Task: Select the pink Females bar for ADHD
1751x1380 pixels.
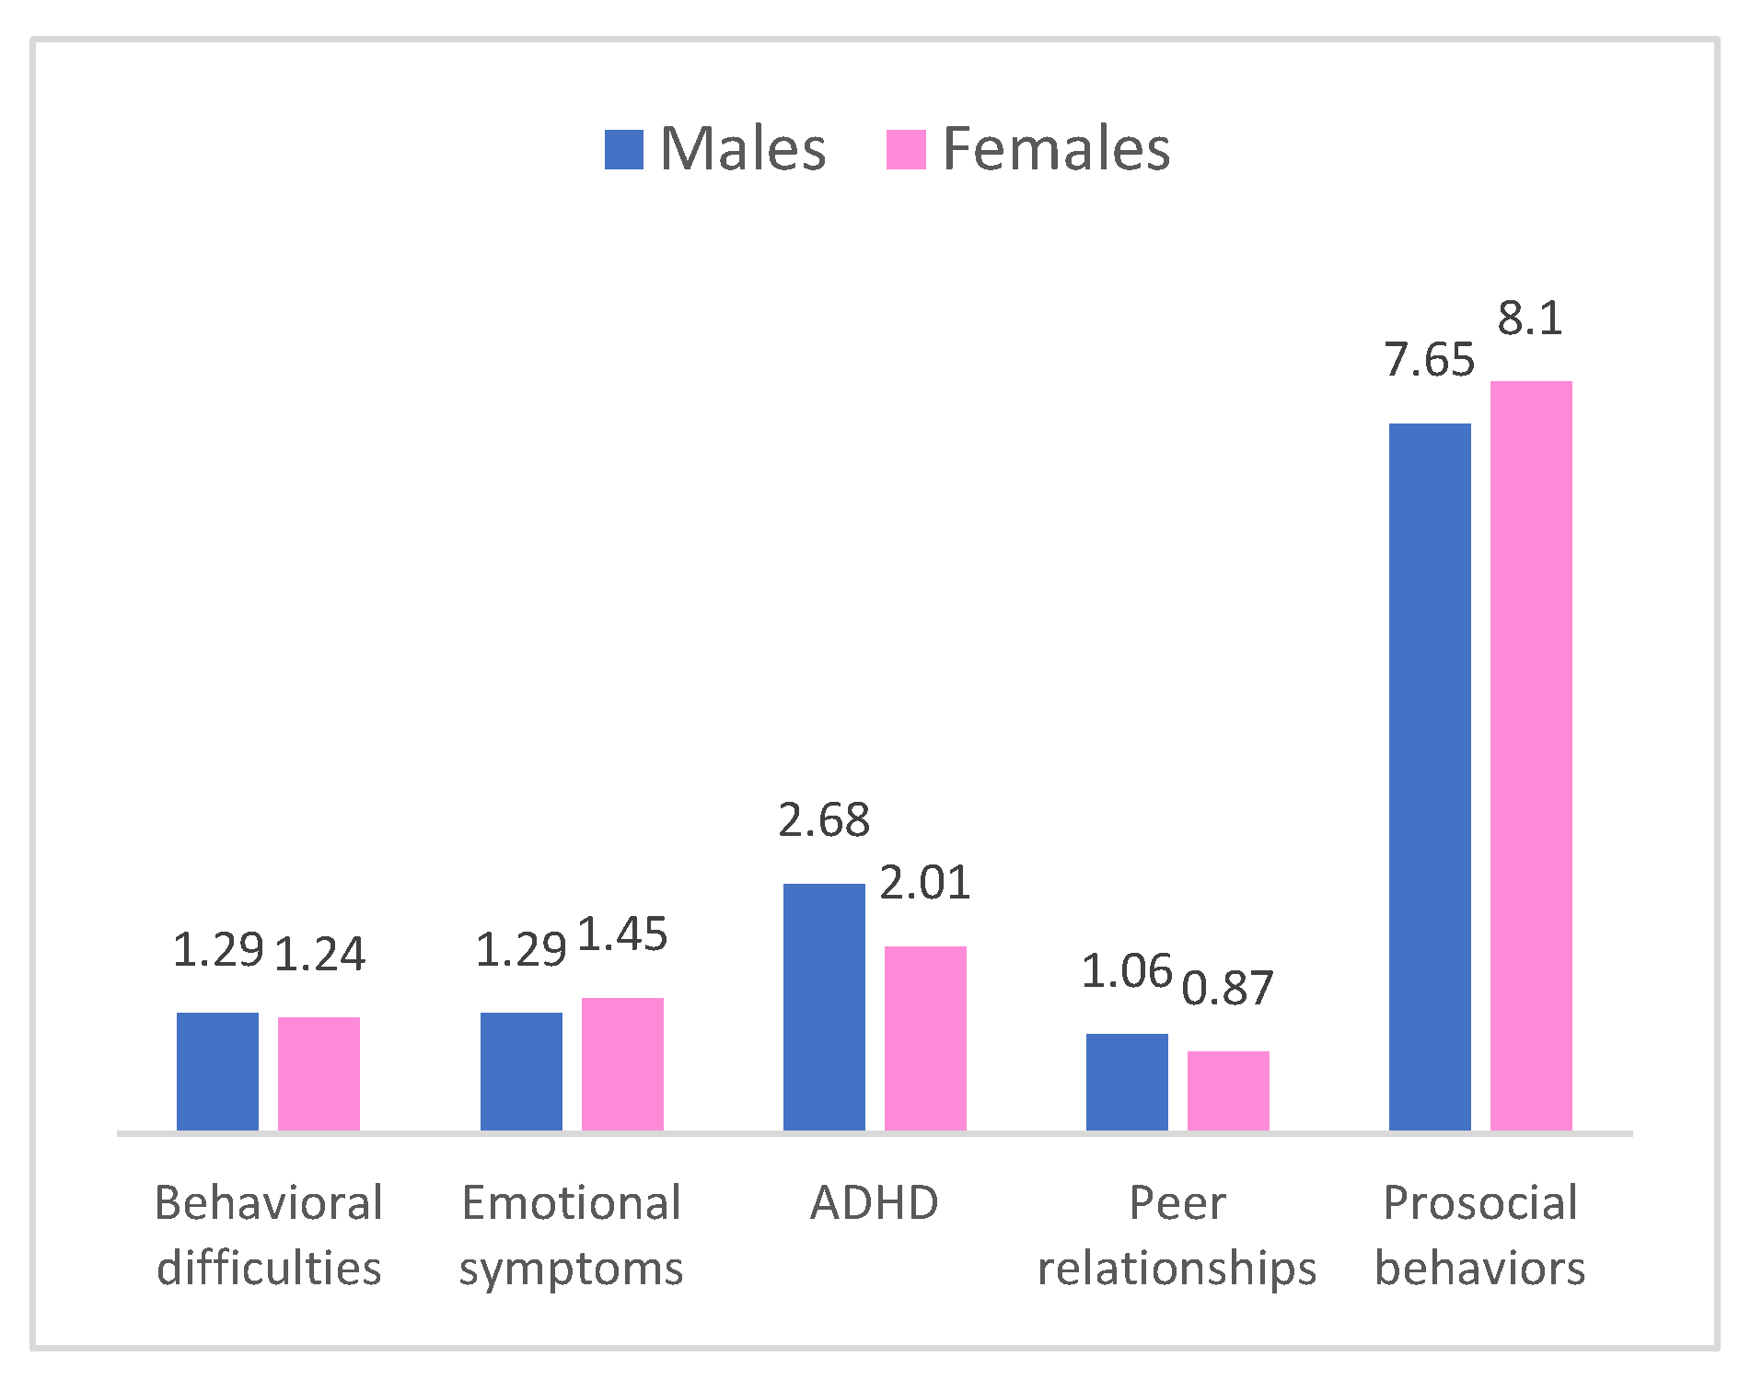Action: (x=925, y=1038)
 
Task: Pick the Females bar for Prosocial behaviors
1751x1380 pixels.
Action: (x=1531, y=755)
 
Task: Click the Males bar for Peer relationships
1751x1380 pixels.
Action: (x=1127, y=1082)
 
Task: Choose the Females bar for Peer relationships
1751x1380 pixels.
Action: (x=1228, y=1090)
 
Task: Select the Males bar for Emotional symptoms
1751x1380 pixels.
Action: (x=521, y=1071)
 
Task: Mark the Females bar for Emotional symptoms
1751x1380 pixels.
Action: (x=622, y=1063)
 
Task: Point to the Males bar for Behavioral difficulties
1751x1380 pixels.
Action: (x=217, y=1071)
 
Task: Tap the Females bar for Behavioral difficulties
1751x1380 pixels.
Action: (x=319, y=1073)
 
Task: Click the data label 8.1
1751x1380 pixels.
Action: (x=1530, y=319)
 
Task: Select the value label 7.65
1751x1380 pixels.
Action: (x=1430, y=360)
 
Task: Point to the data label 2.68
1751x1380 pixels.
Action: (x=824, y=820)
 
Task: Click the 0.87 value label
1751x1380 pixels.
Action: (x=1228, y=988)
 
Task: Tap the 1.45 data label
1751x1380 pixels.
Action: (x=622, y=934)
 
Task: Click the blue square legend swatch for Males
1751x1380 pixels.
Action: (x=623, y=150)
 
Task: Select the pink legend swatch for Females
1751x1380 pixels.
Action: (x=905, y=150)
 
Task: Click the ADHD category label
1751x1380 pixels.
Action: (x=875, y=1202)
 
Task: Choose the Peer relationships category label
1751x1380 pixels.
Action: (x=1177, y=1235)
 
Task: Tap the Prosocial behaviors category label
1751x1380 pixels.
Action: (x=1480, y=1235)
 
